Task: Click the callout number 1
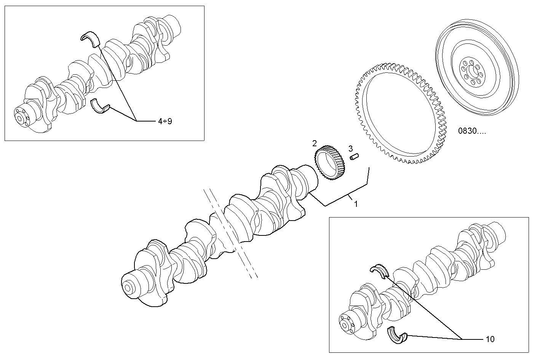pyautogui.click(x=356, y=204)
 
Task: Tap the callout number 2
pyautogui.click(x=315, y=143)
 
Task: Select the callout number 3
pyautogui.click(x=350, y=148)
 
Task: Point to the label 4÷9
pyautogui.click(x=165, y=121)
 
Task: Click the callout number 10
pyautogui.click(x=490, y=339)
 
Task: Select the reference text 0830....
pyautogui.click(x=472, y=131)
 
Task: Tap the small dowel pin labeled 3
pyautogui.click(x=356, y=157)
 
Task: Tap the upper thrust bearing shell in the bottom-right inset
pyautogui.click(x=380, y=269)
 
